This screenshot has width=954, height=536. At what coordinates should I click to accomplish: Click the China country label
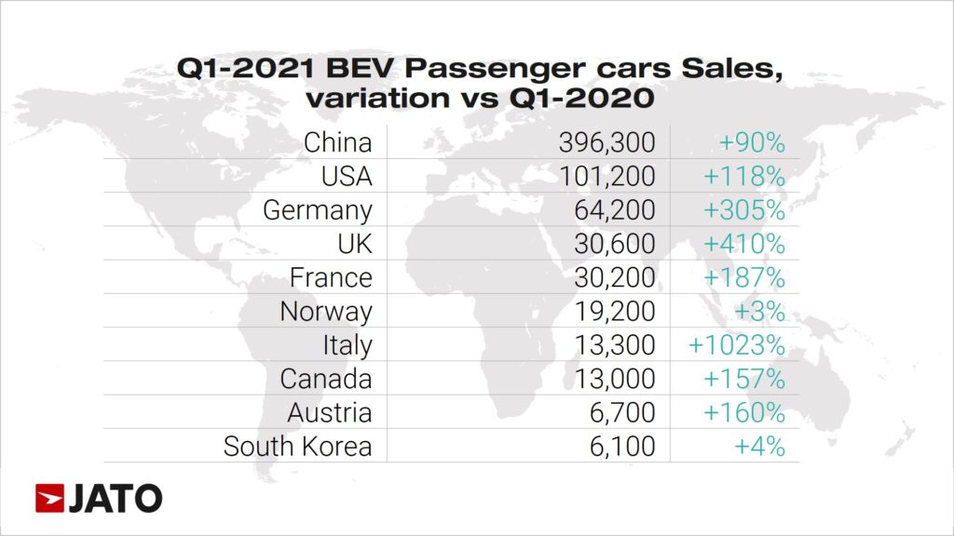337,142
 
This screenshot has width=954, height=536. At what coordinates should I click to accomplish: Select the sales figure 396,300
606,142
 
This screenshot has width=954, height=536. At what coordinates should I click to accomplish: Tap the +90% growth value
752,142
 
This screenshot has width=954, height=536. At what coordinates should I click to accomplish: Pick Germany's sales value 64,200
616,210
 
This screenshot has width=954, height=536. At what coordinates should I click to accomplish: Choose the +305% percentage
743,210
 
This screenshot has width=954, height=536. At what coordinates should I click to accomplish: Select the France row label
331,277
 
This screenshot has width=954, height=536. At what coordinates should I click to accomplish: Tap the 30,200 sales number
616,277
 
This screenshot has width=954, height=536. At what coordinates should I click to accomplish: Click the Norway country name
326,311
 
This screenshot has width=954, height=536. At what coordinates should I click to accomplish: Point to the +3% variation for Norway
760,311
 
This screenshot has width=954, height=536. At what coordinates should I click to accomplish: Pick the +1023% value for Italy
737,344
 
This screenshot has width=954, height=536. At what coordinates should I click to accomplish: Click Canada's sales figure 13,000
616,379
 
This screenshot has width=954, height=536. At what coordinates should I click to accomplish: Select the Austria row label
330,412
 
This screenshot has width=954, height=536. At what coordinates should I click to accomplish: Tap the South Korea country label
297,446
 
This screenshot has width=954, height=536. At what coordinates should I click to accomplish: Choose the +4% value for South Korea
760,446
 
